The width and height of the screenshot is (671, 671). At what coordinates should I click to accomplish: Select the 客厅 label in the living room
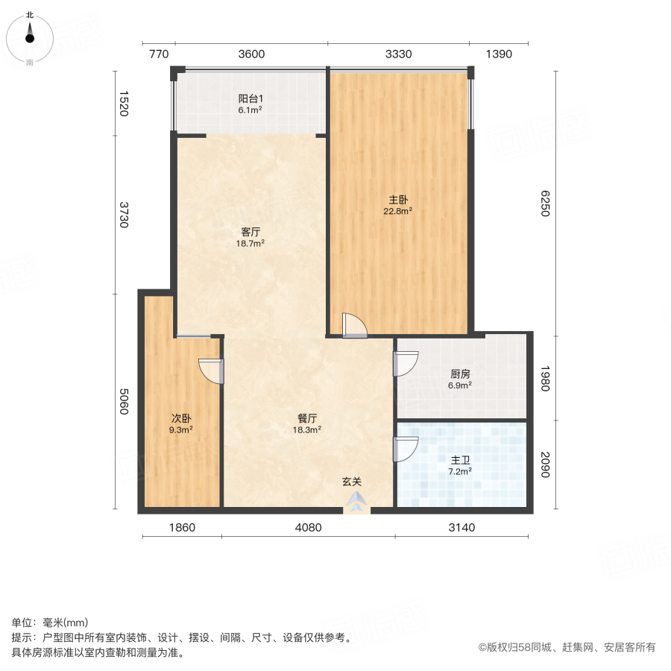[251, 232]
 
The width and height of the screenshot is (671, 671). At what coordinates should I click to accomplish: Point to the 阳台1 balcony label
[251, 98]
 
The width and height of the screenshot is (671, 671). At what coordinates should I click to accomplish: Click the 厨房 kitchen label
[460, 374]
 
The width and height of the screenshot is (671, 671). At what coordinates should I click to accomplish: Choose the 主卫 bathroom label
[459, 461]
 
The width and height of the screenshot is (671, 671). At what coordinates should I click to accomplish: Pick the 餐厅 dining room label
[308, 418]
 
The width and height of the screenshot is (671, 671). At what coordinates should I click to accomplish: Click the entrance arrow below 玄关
[357, 503]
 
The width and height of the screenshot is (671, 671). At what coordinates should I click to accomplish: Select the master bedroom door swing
[354, 327]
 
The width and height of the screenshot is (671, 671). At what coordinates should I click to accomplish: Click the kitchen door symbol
[405, 362]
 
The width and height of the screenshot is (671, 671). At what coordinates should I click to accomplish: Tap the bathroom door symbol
[405, 449]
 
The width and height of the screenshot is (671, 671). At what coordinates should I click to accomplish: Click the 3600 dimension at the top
[252, 54]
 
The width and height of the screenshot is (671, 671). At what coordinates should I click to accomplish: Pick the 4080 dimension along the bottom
[308, 528]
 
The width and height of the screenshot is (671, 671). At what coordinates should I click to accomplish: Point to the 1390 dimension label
[498, 54]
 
